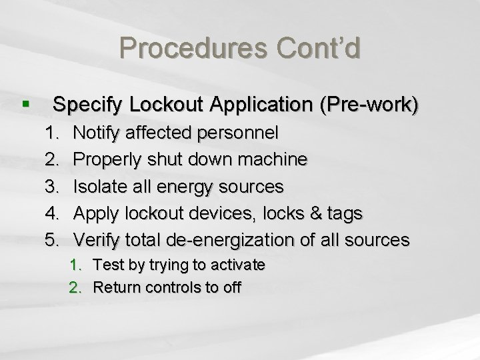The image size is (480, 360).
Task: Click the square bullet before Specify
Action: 25,105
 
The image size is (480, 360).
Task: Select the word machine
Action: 273,159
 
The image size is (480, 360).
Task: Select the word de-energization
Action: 245,240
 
